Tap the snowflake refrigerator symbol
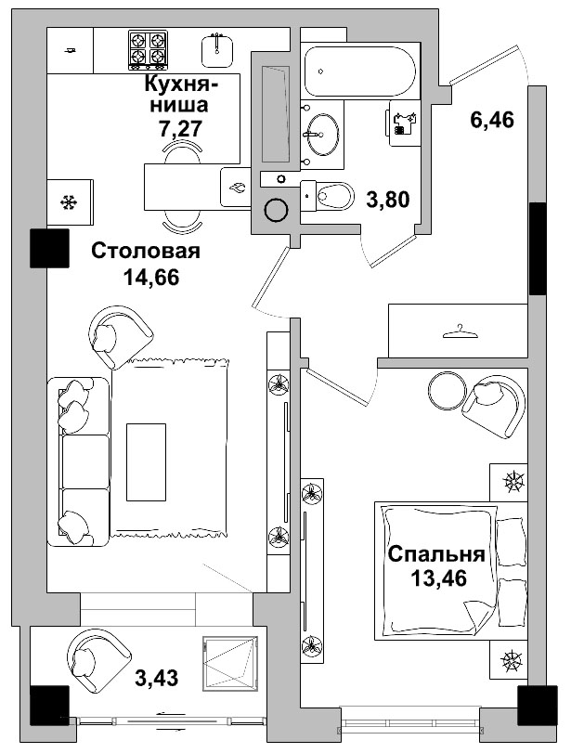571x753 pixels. pyautogui.click(x=68, y=201)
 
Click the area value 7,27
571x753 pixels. pyautogui.click(x=181, y=128)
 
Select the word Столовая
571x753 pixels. pyautogui.click(x=146, y=252)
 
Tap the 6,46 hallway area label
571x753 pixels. pyautogui.click(x=491, y=120)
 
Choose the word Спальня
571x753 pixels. pyautogui.click(x=436, y=555)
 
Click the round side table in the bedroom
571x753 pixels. pyautogui.click(x=447, y=390)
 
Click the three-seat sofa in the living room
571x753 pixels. pyautogui.click(x=78, y=461)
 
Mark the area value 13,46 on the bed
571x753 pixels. pyautogui.click(x=436, y=578)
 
